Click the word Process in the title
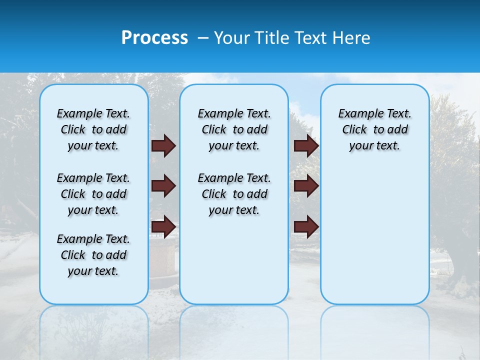tap(154, 38)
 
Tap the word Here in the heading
tap(352, 38)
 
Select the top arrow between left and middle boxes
tap(163, 146)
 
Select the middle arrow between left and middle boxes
tap(163, 186)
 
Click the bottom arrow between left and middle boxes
tap(163, 226)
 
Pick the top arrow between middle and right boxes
tap(306, 146)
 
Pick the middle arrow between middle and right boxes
tap(306, 186)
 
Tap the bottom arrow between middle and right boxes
tap(306, 226)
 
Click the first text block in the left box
tap(93, 129)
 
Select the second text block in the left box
tap(93, 194)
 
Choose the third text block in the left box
tap(93, 255)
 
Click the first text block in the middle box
tap(234, 129)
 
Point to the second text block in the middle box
tap(234, 194)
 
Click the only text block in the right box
tap(374, 129)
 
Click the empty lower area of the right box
tap(374, 235)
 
